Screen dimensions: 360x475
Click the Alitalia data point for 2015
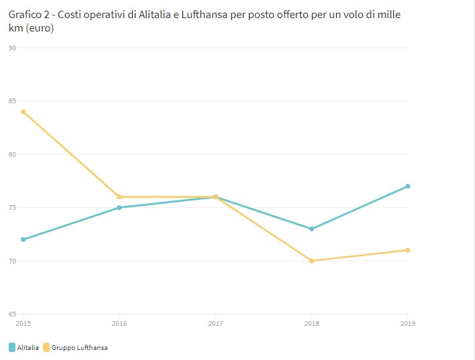coord(23,239)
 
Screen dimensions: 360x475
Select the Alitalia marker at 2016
coord(119,207)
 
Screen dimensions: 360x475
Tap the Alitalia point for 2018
coord(312,229)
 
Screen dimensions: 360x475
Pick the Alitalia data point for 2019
coord(408,186)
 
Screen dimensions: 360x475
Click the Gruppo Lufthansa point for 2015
coord(23,111)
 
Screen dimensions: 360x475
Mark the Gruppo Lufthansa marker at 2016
coord(119,197)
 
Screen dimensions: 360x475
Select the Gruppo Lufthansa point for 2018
coord(312,261)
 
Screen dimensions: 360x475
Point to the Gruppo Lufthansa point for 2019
coord(408,250)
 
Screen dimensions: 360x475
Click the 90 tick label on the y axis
coord(12,48)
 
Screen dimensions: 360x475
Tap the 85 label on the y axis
coord(12,101)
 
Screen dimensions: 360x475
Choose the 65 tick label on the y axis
coord(12,314)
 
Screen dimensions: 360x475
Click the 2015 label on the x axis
coord(23,323)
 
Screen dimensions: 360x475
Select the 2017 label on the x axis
coord(215,323)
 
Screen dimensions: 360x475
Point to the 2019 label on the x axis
coord(408,323)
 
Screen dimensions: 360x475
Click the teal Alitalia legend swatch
coord(12,347)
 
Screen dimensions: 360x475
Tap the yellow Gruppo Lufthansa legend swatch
coord(46,347)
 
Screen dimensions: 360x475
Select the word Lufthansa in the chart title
coord(203,14)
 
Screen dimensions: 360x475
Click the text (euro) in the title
coord(38,29)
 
